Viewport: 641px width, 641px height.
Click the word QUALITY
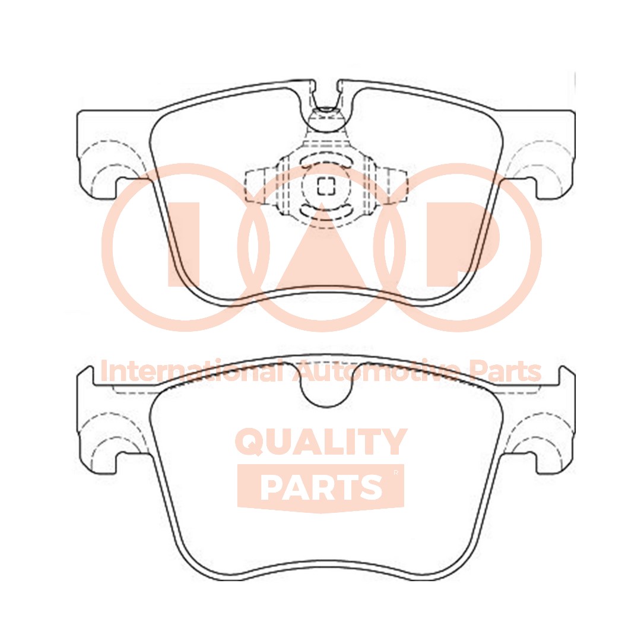pyautogui.click(x=321, y=443)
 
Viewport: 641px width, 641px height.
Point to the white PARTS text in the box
pyautogui.click(x=320, y=487)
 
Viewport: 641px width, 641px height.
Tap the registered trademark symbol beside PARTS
pyautogui.click(x=396, y=473)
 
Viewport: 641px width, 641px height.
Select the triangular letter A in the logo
pyautogui.click(x=321, y=249)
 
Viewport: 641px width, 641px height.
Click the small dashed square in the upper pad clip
pyautogui.click(x=325, y=186)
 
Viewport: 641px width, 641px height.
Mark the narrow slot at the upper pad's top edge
pyautogui.click(x=325, y=95)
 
